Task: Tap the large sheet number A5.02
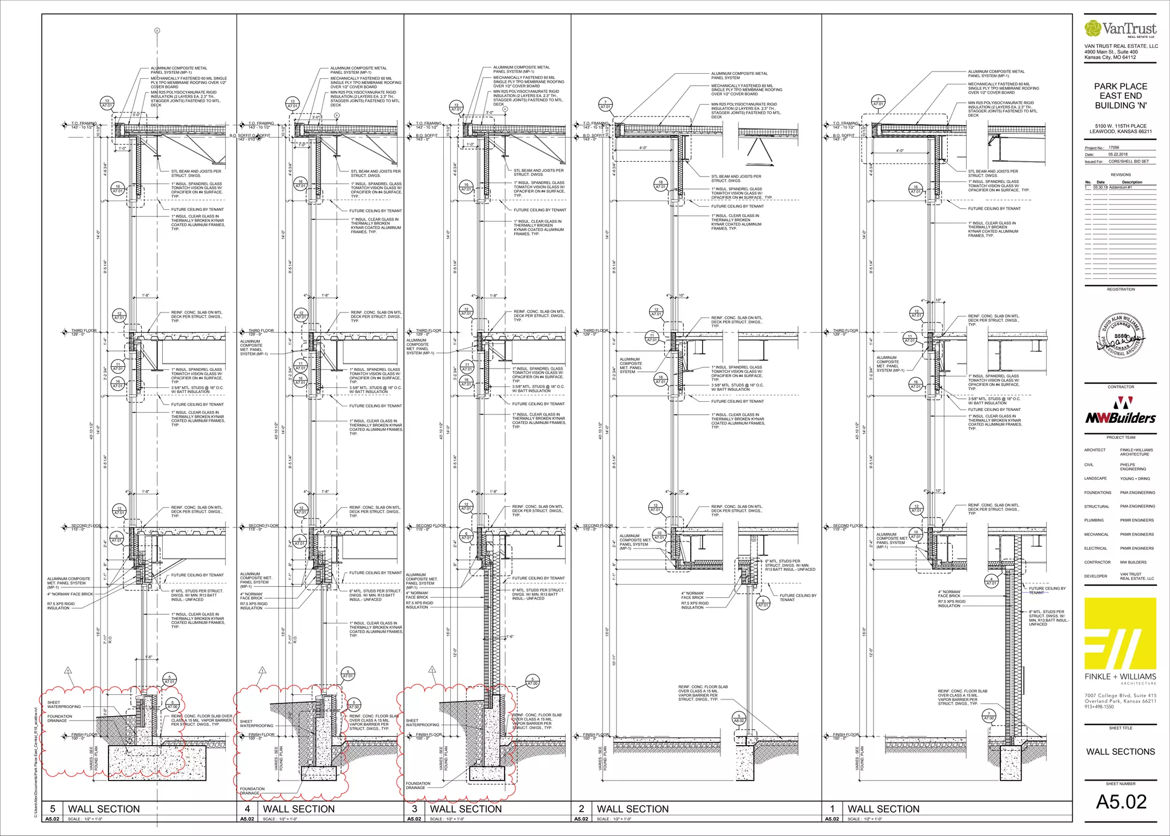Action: (1121, 802)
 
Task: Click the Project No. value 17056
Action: (1114, 147)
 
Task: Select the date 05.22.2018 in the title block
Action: (1118, 154)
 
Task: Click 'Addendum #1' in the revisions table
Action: (1120, 187)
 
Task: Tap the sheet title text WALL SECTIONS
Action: (1120, 752)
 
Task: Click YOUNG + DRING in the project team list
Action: (1135, 479)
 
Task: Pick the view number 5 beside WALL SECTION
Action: (53, 809)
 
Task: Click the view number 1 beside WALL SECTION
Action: (832, 809)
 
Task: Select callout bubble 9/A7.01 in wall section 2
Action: (763, 603)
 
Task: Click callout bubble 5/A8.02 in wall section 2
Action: (739, 718)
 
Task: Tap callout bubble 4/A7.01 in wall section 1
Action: (991, 581)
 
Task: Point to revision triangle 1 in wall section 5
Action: (69, 671)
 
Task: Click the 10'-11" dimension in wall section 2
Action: (614, 660)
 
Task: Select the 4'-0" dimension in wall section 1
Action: (900, 151)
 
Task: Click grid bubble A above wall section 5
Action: (157, 30)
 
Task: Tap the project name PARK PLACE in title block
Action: (1120, 86)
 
